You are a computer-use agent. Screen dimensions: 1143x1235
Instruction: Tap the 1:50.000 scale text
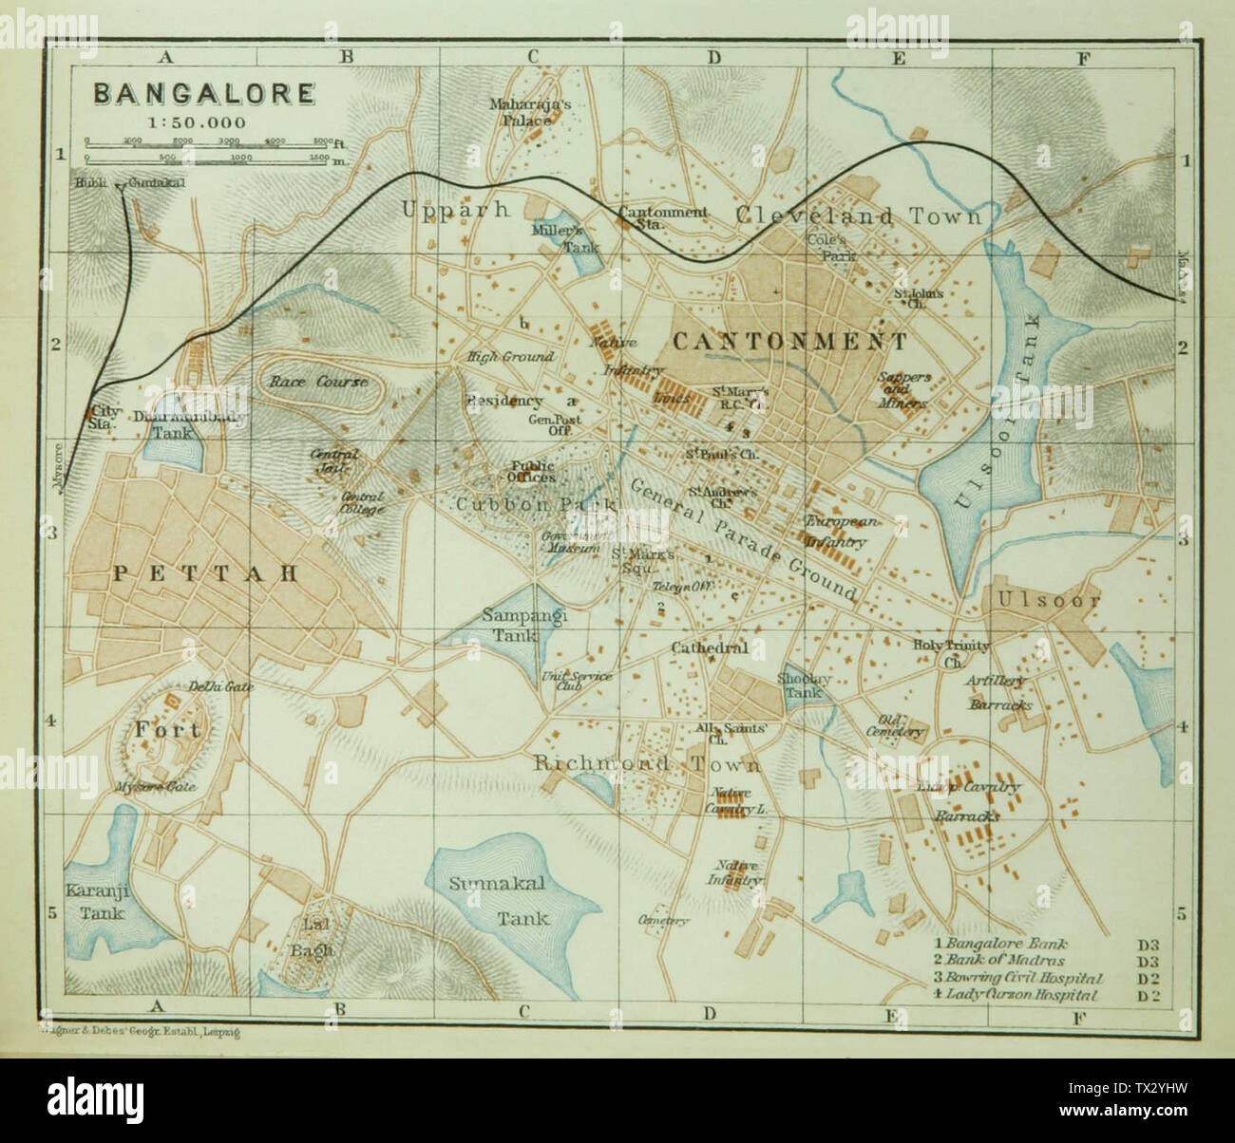coord(197,122)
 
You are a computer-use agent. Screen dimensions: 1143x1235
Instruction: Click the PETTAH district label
coord(206,572)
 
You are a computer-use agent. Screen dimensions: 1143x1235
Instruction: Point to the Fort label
coord(167,729)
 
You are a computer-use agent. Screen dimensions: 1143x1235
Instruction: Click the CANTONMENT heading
coord(789,341)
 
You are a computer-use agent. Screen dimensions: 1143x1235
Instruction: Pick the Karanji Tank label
coord(95,900)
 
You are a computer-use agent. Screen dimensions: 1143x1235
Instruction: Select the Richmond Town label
coord(647,763)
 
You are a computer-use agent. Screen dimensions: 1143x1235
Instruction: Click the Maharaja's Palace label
coord(531,112)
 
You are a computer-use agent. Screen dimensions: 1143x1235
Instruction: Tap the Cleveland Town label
coord(859,215)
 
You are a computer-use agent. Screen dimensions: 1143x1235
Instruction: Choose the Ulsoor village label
coord(1049,600)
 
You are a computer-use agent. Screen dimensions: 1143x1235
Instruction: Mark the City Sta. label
coord(101,418)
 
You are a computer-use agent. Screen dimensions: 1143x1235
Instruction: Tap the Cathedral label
coord(710,648)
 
